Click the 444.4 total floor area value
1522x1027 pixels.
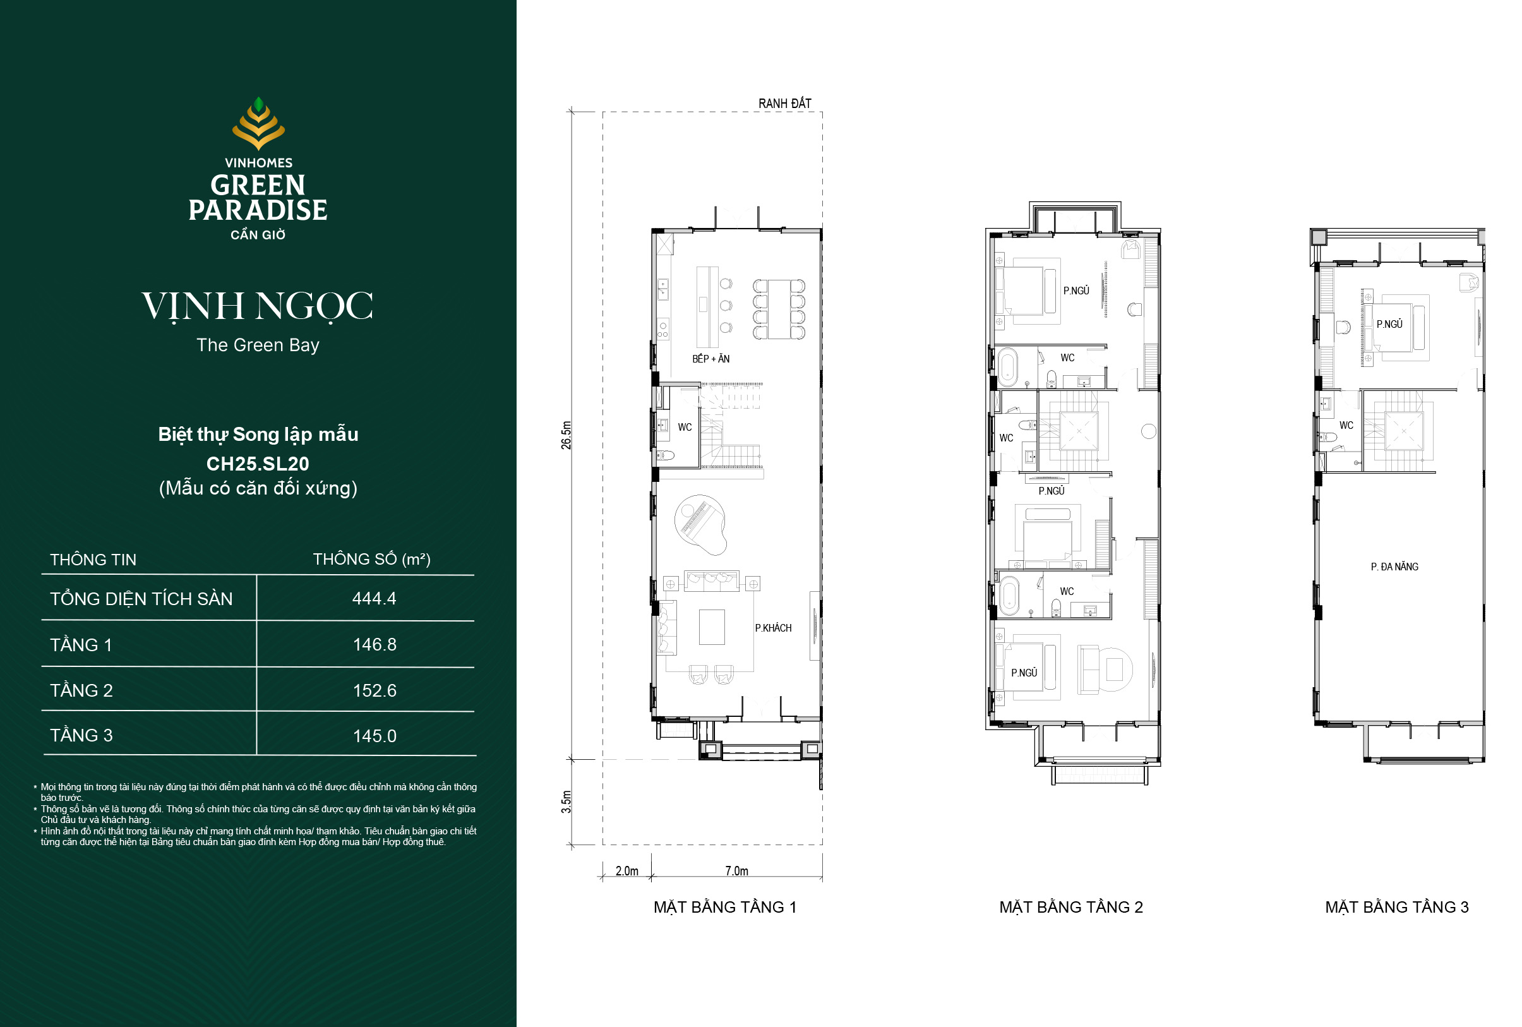click(374, 598)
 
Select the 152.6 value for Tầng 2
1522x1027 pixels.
click(375, 690)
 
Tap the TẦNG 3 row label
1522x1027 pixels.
click(81, 735)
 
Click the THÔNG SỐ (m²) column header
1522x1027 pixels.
click(371, 560)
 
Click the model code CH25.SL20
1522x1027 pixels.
click(258, 464)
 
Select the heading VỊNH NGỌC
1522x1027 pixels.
click(258, 306)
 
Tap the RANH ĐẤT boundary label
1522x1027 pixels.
click(784, 104)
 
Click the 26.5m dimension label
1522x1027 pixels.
click(566, 435)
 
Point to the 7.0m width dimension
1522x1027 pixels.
click(737, 870)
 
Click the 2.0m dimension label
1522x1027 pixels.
click(626, 870)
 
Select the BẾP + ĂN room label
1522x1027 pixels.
click(710, 359)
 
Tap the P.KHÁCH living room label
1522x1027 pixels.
click(774, 628)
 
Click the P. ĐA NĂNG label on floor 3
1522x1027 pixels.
click(1394, 567)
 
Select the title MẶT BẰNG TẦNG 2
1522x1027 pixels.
click(1071, 907)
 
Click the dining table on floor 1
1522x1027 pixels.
click(779, 309)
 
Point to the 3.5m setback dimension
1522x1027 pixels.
click(566, 802)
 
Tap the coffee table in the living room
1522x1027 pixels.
click(712, 627)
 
